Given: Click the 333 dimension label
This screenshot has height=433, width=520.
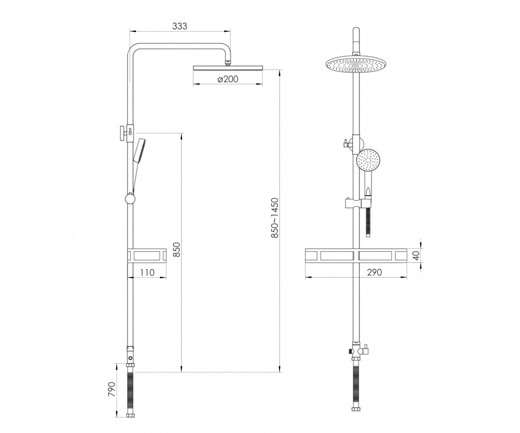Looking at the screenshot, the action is [x=179, y=26].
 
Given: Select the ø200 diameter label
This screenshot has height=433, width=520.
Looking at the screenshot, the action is [x=228, y=79].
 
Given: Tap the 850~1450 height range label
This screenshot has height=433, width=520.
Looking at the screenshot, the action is [x=275, y=218].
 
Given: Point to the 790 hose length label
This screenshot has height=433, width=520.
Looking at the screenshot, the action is [x=112, y=389].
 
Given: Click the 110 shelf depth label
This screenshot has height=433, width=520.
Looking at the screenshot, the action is [x=147, y=272].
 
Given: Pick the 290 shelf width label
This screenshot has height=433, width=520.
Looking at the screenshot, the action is [x=374, y=272].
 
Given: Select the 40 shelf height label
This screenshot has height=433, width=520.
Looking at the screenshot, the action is [x=416, y=255].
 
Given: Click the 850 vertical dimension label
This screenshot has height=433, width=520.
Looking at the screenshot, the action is [x=176, y=249].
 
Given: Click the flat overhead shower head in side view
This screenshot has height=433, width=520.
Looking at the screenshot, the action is [x=228, y=68].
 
